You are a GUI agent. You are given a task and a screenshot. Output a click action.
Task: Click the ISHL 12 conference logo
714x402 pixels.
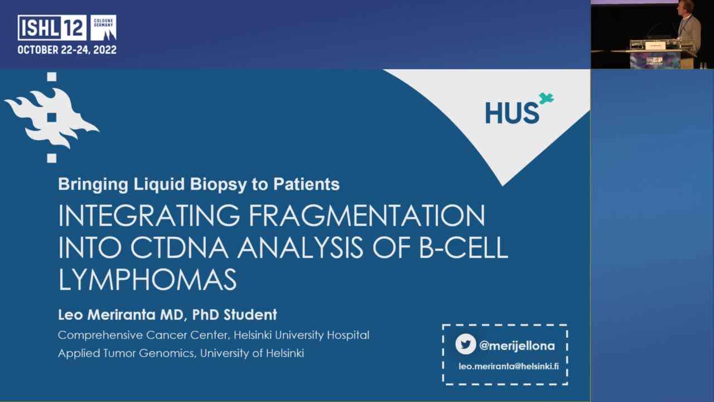pos(52,27)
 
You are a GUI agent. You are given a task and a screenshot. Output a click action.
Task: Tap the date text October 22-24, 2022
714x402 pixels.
pos(67,50)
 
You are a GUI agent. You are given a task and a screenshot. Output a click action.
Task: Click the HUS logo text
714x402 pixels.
pos(512,113)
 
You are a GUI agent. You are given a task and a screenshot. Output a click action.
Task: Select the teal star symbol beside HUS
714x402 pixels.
pos(546,99)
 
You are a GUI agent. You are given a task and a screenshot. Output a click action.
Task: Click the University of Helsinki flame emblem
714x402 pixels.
pos(51,117)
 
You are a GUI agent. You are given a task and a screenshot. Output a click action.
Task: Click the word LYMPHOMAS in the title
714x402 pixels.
pos(147,279)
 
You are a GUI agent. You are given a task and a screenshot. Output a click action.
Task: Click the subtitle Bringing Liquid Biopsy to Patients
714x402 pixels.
pos(199,184)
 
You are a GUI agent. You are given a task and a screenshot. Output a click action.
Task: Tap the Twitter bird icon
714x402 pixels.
pos(465,344)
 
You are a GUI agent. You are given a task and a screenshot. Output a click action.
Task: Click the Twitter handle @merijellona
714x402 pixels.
pos(517,346)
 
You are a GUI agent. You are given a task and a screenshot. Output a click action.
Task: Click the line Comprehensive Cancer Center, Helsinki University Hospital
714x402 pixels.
pos(214,335)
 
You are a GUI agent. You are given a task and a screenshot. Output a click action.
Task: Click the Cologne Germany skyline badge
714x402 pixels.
pos(103,27)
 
